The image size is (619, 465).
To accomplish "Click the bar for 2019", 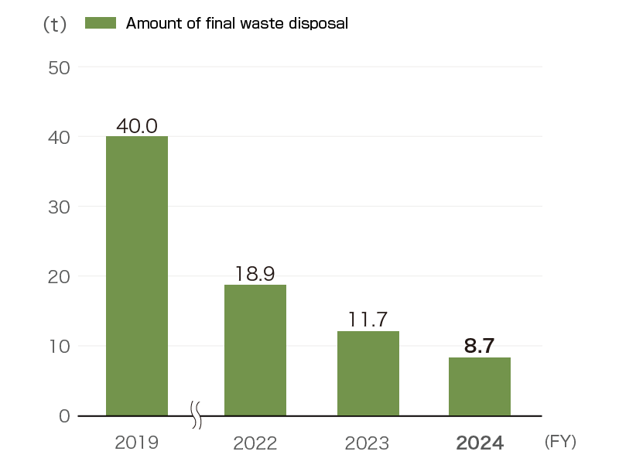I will pos(137,275).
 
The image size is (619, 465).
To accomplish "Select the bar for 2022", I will pos(255,350).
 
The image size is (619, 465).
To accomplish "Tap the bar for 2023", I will pos(368,373).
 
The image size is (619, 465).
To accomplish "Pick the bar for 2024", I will pos(480,386).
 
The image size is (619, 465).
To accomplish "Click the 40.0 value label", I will pos(137,126).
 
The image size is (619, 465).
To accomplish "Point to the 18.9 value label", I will pos(255,274).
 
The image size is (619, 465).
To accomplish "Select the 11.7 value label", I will pos(368,320).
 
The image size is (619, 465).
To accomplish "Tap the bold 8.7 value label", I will pos(479,346).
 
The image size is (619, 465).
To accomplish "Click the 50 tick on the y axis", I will pos(60,67).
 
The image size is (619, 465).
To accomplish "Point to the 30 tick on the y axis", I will pos(60,207).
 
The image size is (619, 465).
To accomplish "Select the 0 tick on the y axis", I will pos(64,415).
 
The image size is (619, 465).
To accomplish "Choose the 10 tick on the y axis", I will pos(60,346).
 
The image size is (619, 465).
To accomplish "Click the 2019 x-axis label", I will pos(136,443).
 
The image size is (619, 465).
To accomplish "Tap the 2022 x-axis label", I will pos(255,443).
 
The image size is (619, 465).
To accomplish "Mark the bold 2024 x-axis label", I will pos(480,443).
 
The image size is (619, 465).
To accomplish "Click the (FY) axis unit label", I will pos(560,442).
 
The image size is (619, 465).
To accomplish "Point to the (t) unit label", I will pos(54,25).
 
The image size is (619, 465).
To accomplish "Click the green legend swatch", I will pos(100,23).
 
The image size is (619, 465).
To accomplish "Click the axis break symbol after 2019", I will pos(197,415).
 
